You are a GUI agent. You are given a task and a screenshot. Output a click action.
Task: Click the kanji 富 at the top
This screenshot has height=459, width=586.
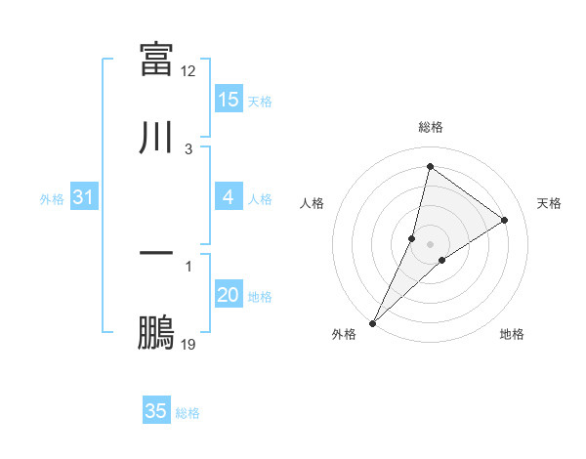pyautogui.click(x=156, y=58)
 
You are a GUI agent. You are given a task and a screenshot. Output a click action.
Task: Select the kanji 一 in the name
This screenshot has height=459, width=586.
pyautogui.click(x=156, y=253)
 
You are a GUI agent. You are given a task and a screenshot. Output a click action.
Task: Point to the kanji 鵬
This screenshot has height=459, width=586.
pyautogui.click(x=156, y=333)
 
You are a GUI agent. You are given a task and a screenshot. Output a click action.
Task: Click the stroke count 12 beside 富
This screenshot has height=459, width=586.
pyautogui.click(x=188, y=70)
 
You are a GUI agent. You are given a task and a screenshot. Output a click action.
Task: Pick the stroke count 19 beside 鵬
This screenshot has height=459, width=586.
pyautogui.click(x=188, y=345)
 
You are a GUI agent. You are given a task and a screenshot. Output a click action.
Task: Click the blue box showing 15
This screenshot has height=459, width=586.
pyautogui.click(x=229, y=100)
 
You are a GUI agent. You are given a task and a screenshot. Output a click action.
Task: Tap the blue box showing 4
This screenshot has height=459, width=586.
pyautogui.click(x=229, y=197)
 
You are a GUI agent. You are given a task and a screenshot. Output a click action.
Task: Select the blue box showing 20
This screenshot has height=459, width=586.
pyautogui.click(x=229, y=295)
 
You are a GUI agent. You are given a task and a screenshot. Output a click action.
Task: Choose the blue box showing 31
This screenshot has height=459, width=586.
pyautogui.click(x=84, y=197)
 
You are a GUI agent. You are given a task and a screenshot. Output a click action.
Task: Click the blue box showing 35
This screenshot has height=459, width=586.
pyautogui.click(x=156, y=411)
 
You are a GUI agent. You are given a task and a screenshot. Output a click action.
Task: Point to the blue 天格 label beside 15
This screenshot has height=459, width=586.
pyautogui.click(x=260, y=101)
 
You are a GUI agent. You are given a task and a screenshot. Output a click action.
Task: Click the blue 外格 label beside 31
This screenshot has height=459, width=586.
pyautogui.click(x=52, y=198)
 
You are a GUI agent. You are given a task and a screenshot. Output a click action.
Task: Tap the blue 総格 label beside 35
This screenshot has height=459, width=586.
pyautogui.click(x=188, y=412)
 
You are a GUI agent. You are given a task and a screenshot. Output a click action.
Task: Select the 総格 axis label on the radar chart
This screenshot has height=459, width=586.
pyautogui.click(x=431, y=127)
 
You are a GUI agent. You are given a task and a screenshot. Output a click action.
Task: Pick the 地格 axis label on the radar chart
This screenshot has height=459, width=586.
pyautogui.click(x=512, y=334)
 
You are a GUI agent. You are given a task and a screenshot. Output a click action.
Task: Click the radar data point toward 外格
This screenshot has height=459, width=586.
pyautogui.click(x=373, y=322)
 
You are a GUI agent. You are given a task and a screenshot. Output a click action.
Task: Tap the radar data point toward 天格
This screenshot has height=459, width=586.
pyautogui.click(x=505, y=221)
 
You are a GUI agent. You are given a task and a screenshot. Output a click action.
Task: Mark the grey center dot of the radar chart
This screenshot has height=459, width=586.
pyautogui.click(x=431, y=244)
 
